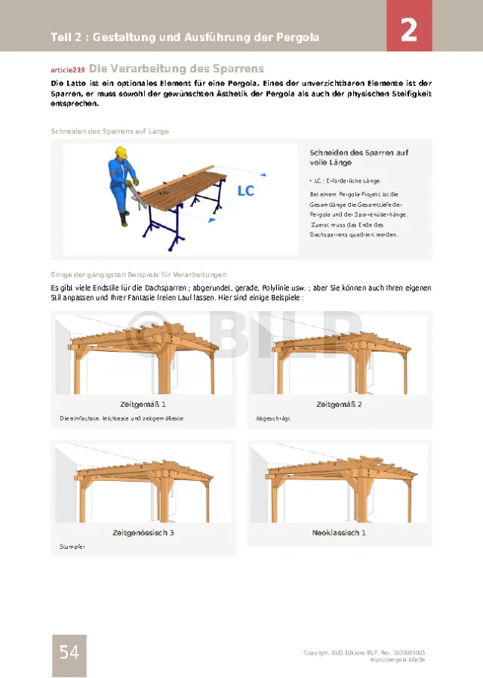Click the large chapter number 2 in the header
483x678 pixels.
[x=409, y=30]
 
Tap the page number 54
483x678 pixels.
[x=69, y=652]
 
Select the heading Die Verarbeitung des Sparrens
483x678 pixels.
[x=177, y=68]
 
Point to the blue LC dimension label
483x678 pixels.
[x=246, y=191]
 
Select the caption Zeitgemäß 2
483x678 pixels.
[x=339, y=405]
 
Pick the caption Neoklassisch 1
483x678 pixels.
[x=339, y=533]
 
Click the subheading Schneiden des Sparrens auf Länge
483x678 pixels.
[x=109, y=131]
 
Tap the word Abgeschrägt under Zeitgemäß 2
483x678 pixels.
[x=273, y=418]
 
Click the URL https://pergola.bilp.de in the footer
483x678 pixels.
[x=397, y=659]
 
